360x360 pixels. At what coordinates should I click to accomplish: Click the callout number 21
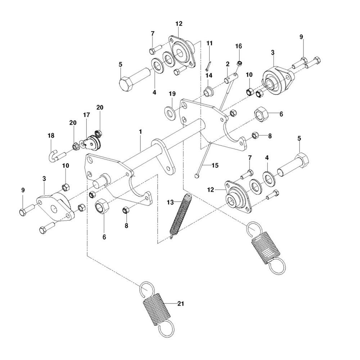181,303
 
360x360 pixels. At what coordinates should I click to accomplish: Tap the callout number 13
170,202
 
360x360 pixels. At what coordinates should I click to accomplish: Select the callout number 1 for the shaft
140,132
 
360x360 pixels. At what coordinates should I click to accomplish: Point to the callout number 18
51,135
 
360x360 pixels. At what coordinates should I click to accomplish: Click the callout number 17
86,115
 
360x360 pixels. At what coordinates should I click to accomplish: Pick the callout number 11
210,43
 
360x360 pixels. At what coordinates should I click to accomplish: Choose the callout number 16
239,46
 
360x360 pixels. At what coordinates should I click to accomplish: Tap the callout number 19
172,94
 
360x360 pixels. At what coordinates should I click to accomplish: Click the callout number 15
215,165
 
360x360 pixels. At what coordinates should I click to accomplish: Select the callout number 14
209,75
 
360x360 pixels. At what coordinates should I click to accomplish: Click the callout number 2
228,64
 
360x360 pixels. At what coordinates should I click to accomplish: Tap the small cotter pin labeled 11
208,65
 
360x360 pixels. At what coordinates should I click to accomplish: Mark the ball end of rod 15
197,176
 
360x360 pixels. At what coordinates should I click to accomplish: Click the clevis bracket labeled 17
92,144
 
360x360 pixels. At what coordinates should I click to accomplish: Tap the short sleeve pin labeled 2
231,78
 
